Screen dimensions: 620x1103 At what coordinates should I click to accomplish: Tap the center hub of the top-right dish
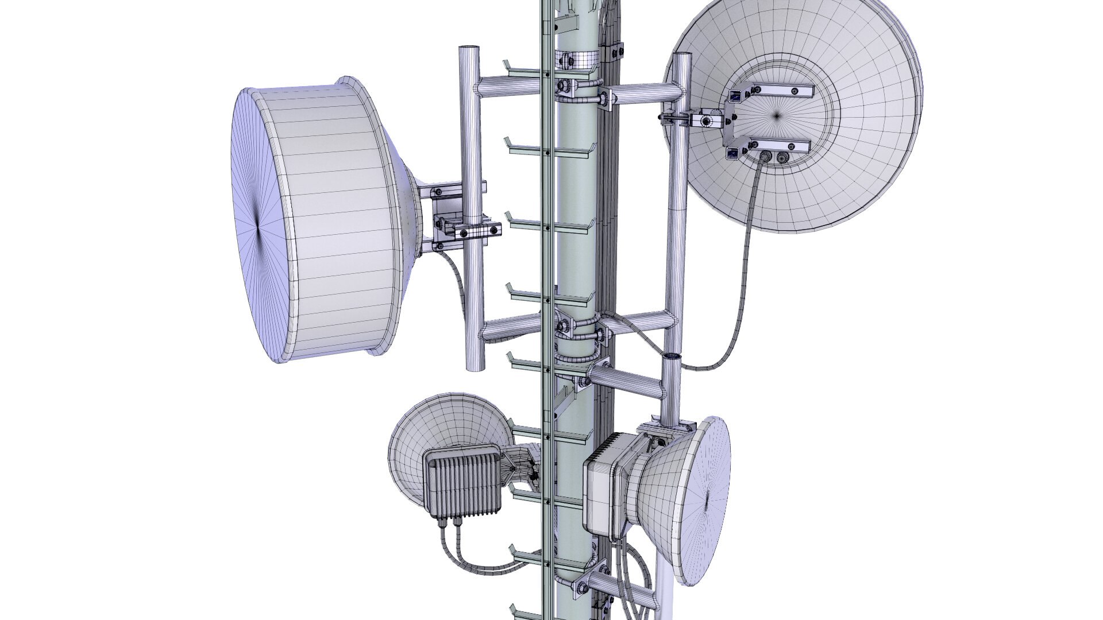(777, 115)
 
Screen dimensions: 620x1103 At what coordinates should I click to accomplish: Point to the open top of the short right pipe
(672, 358)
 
